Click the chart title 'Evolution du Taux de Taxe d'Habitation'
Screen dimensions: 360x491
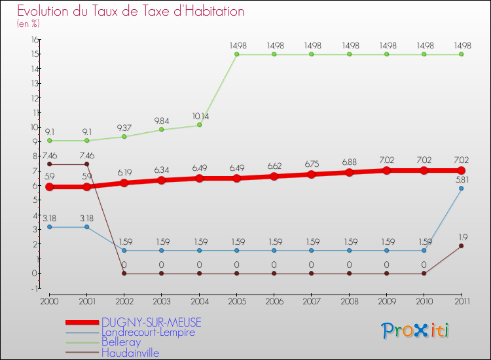click(130, 12)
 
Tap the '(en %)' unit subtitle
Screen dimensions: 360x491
click(28, 24)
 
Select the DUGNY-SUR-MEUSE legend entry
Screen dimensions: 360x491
click(151, 322)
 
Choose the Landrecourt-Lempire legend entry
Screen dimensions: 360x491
click(148, 333)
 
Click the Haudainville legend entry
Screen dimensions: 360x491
click(130, 353)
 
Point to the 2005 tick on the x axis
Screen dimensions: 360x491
click(236, 300)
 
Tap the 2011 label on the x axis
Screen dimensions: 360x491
click(461, 300)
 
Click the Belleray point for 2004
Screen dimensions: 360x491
click(199, 125)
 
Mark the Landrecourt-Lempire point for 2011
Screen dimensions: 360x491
click(461, 189)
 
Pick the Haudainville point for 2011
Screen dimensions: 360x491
click(461, 245)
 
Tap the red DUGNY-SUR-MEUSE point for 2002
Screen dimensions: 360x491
click(124, 183)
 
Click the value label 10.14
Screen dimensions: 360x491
click(200, 116)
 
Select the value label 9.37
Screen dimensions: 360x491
click(124, 127)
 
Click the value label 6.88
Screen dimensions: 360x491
click(349, 162)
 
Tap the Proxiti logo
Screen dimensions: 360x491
click(415, 331)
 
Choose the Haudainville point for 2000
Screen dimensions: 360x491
click(49, 164)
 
